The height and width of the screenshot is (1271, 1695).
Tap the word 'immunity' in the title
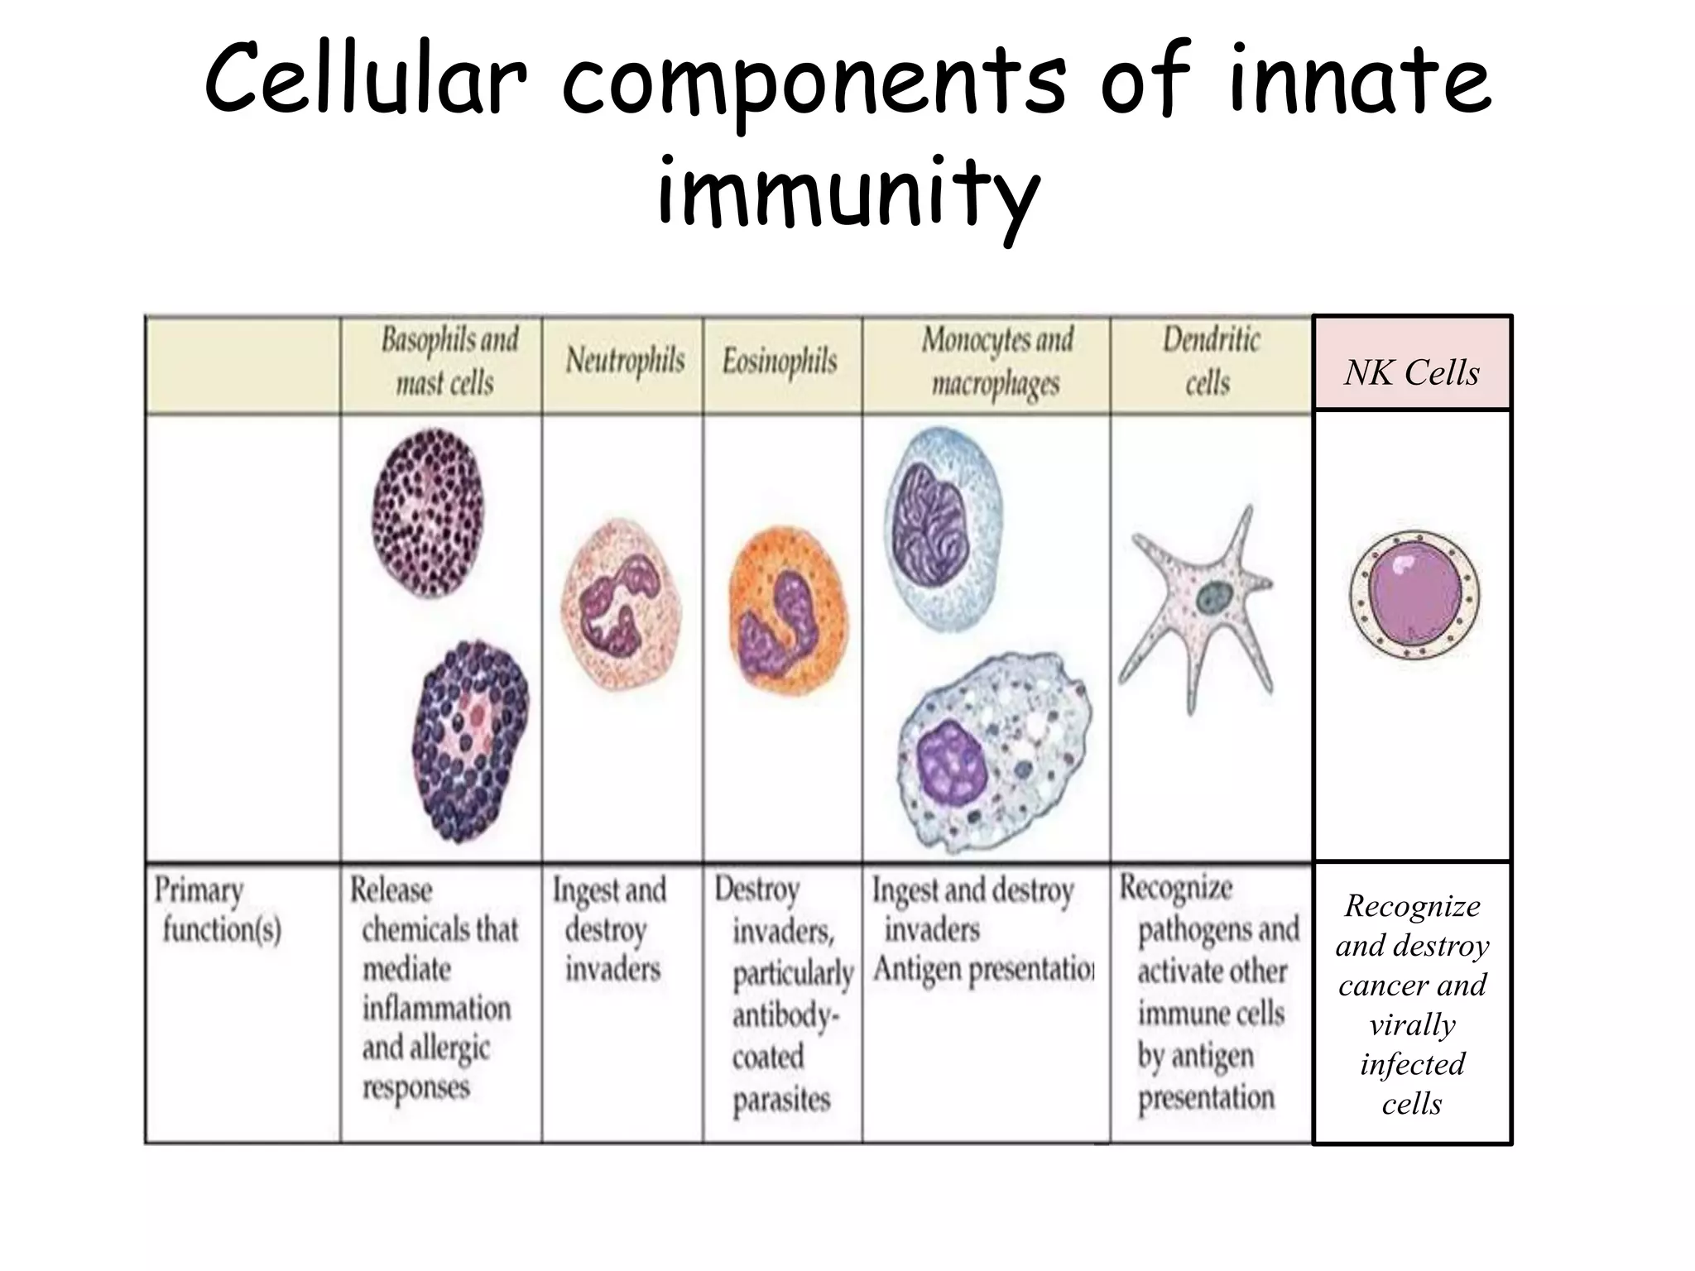(847, 192)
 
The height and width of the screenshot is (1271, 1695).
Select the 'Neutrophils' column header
(625, 362)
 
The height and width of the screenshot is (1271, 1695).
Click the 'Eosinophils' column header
(780, 362)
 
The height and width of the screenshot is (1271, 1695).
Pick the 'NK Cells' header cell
(1412, 372)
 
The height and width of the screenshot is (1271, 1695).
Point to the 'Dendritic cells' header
(1210, 362)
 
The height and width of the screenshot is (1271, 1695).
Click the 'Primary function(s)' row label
(218, 909)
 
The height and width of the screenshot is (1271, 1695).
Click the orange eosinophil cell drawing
(787, 611)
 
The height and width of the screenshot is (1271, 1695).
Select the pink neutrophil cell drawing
(622, 604)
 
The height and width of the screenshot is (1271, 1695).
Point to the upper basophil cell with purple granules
(427, 513)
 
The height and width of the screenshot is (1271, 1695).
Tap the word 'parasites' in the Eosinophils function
(780, 1100)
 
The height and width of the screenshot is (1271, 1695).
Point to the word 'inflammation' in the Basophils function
(436, 1008)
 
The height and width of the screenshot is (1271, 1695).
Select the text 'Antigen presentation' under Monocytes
(983, 969)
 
